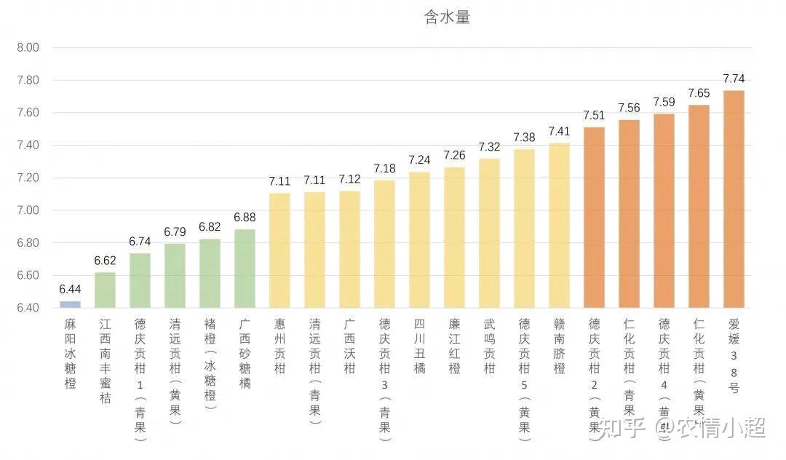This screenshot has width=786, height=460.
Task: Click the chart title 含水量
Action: click(x=447, y=17)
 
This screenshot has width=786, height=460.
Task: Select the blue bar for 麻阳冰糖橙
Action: click(x=70, y=304)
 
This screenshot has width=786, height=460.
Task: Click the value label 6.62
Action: click(x=105, y=261)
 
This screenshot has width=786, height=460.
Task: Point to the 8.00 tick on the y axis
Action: click(x=27, y=48)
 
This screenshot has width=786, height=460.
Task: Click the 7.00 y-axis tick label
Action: click(x=27, y=210)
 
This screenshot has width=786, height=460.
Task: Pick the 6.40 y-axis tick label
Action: click(x=27, y=308)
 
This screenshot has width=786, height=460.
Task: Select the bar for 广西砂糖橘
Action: click(x=245, y=269)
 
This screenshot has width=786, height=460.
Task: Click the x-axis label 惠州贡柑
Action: click(x=279, y=346)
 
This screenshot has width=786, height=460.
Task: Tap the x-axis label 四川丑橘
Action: click(x=419, y=346)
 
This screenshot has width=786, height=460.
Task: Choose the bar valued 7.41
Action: click(x=559, y=226)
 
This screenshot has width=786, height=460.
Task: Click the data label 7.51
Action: click(x=594, y=115)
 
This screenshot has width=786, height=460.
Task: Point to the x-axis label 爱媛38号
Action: click(x=734, y=356)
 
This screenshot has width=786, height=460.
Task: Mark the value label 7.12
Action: click(x=349, y=179)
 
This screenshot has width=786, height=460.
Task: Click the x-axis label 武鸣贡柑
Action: click(x=489, y=346)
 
